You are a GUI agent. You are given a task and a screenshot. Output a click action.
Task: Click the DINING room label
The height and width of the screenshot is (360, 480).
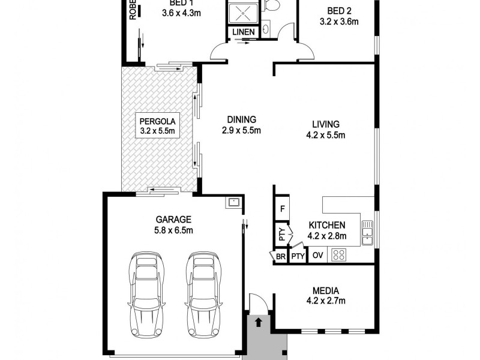[x=241, y=119]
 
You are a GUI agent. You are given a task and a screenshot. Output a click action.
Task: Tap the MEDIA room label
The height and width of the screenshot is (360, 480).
[x=325, y=290]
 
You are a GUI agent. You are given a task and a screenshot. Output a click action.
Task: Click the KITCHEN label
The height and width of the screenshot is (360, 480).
[x=326, y=226]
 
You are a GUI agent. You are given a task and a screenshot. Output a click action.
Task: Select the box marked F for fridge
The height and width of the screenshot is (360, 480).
[x=282, y=210]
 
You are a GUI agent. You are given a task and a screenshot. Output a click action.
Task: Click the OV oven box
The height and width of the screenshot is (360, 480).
[x=318, y=256]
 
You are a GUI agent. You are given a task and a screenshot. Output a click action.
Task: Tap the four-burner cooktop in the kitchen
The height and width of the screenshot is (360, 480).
[x=339, y=255]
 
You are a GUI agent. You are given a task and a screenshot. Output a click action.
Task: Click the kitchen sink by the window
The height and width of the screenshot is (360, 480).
[x=367, y=233]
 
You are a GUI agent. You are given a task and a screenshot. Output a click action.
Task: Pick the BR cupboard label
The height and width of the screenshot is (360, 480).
[x=280, y=256]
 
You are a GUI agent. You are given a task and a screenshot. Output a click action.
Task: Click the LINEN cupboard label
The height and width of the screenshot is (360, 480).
[x=244, y=32]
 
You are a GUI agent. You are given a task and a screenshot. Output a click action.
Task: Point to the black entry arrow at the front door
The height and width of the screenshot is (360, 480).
[x=259, y=322]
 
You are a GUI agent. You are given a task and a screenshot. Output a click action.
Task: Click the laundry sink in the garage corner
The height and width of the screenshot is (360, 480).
[x=233, y=203]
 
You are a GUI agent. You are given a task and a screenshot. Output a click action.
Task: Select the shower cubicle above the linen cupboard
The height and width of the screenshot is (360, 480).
[x=244, y=12]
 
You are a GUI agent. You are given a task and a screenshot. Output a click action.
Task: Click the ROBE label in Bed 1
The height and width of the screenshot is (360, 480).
[x=133, y=11]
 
